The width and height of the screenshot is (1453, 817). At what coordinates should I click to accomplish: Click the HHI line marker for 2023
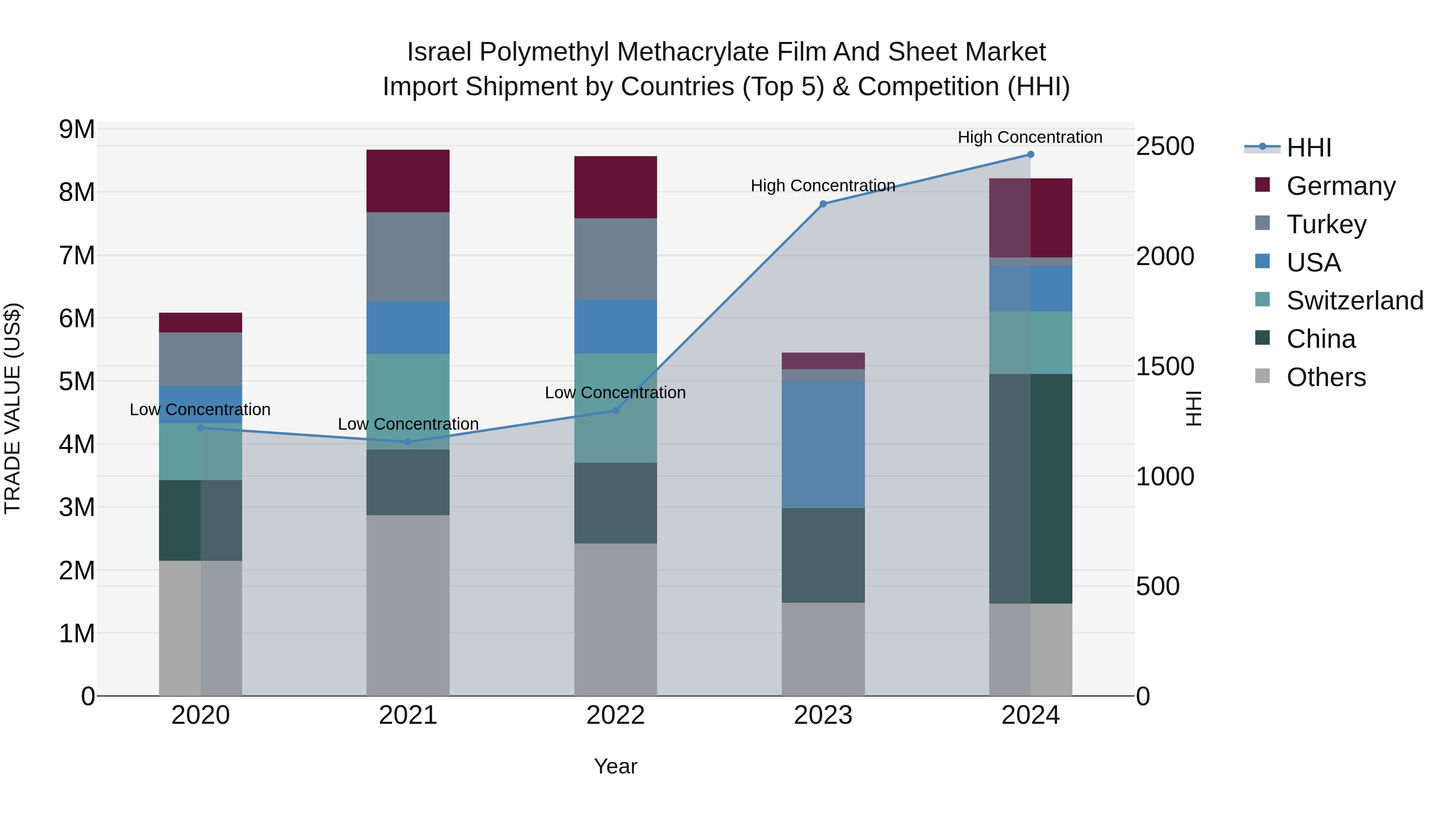823,204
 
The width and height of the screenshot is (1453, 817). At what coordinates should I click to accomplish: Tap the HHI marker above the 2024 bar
1030,155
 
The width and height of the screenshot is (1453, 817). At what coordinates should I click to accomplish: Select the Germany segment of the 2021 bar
408,181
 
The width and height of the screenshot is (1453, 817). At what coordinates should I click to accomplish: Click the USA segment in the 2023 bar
823,444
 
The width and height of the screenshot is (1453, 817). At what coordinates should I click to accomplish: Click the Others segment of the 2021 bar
408,605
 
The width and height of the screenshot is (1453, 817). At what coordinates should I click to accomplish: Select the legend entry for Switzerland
1354,301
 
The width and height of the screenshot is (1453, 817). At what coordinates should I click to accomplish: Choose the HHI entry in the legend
1309,148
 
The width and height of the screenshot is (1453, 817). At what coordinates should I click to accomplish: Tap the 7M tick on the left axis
77,255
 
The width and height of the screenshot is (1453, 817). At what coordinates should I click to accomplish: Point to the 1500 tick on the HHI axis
1165,366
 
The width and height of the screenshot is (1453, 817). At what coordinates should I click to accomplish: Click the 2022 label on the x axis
616,715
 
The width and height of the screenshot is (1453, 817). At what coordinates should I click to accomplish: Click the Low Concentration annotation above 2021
408,424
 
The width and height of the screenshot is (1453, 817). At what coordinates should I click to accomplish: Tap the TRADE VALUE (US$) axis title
13,408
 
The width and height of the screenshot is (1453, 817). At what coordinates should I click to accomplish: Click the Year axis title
616,766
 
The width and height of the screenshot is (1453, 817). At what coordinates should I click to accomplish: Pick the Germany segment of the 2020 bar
200,322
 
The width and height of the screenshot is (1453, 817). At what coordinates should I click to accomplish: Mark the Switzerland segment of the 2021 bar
408,401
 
